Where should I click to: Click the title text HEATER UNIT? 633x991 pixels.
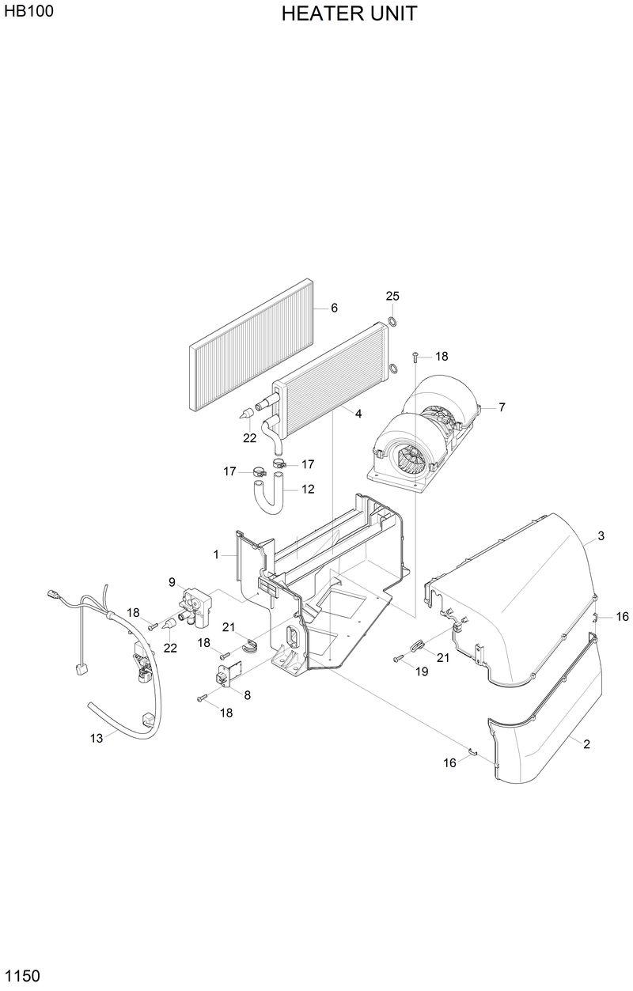click(349, 13)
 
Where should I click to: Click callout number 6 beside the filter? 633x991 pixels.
click(334, 308)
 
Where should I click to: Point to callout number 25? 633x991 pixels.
click(392, 296)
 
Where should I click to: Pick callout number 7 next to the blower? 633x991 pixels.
click(502, 407)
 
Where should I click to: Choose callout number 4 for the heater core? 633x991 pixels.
click(358, 414)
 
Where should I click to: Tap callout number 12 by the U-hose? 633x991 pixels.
click(308, 490)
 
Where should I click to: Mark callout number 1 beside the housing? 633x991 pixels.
click(215, 555)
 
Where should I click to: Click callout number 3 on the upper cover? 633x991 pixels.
click(601, 536)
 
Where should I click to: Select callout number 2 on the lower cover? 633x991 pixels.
click(586, 744)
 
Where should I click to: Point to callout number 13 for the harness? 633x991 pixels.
click(97, 738)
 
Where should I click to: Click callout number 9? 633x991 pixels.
click(172, 581)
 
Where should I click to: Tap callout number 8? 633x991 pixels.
click(247, 695)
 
